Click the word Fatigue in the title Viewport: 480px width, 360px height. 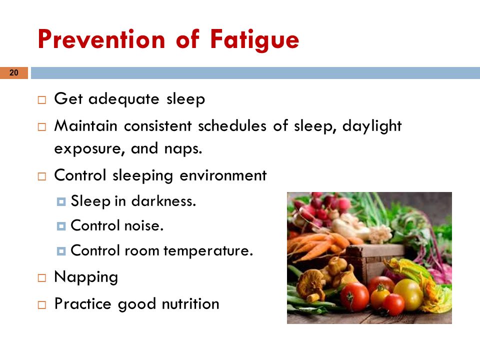[254, 40]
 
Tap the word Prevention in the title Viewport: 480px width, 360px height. [101, 39]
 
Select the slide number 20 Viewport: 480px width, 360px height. [14, 73]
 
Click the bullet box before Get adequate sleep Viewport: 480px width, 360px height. [42, 100]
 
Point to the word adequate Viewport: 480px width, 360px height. [123, 99]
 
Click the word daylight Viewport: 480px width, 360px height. [371, 126]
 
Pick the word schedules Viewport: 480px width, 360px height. [232, 125]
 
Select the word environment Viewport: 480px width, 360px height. [223, 175]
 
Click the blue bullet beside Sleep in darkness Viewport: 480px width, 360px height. [61, 201]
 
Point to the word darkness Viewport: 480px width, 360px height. [163, 201]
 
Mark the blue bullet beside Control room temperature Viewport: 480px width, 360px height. [61, 251]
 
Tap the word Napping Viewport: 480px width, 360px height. [86, 277]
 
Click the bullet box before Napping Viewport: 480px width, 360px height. [42, 278]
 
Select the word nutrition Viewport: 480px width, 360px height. [190, 304]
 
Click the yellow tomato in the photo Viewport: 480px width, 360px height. [408, 295]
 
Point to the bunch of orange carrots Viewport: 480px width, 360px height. [318, 244]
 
